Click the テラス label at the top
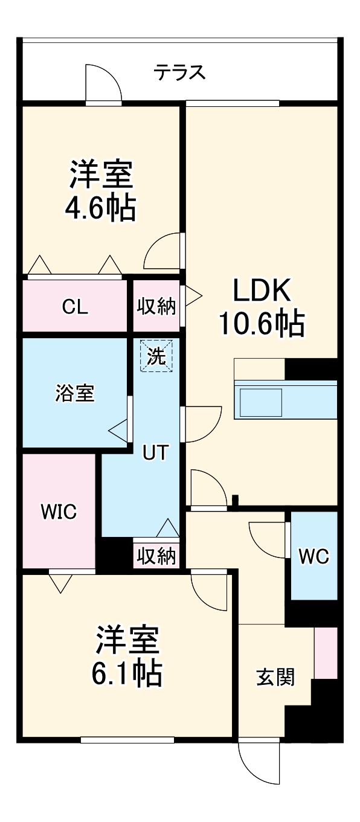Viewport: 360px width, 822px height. (179, 73)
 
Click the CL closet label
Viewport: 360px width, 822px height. (76, 307)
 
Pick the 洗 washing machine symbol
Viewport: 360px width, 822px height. (156, 356)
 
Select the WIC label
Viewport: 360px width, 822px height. (59, 513)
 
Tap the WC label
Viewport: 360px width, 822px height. (313, 556)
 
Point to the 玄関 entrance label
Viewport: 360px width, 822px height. (275, 678)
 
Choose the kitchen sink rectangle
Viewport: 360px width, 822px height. (261, 402)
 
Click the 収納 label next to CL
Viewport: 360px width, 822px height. (156, 307)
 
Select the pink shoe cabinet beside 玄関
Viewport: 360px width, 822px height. (326, 653)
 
